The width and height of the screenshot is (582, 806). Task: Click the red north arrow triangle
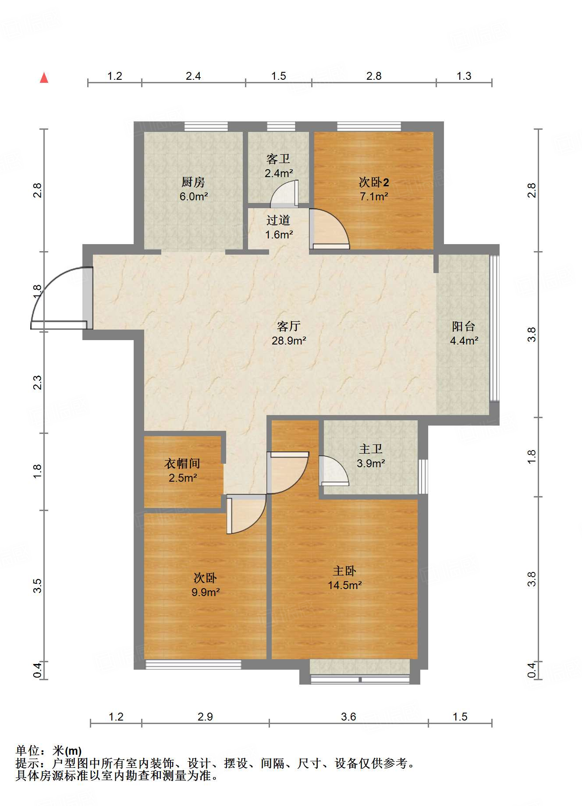tap(44, 78)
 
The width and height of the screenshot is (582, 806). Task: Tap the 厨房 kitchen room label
tap(193, 189)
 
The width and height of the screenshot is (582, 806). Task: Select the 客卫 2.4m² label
tap(278, 166)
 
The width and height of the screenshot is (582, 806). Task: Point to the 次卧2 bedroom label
tap(374, 189)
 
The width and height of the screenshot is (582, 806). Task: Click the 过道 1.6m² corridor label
tap(279, 227)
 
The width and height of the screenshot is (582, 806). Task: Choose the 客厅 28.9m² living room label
tap(289, 333)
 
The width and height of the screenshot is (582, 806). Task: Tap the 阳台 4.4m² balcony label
tap(464, 333)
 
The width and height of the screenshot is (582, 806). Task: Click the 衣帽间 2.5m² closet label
tap(182, 470)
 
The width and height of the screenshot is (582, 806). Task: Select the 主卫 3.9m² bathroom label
tap(371, 456)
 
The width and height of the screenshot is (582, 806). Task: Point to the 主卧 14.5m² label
tap(344, 578)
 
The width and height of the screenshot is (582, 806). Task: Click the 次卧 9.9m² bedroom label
tap(205, 585)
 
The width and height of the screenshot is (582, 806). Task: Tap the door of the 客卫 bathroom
tap(284, 193)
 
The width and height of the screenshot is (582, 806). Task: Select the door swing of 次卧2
tap(330, 229)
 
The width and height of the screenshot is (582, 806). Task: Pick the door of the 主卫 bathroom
tap(334, 471)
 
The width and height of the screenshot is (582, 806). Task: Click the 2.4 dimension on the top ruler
tap(193, 76)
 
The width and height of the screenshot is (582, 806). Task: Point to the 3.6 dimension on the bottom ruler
tap(348, 717)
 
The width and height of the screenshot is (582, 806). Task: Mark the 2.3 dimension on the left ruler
tap(38, 382)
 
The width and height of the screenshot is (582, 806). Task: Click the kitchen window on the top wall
tap(206, 126)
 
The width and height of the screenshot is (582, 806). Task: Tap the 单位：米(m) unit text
tap(49, 751)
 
